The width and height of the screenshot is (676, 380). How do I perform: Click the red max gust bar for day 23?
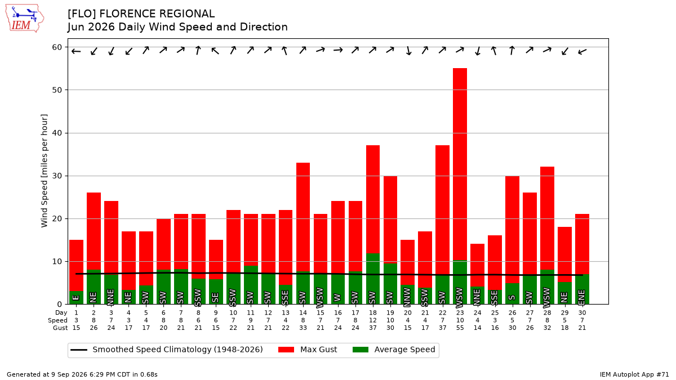coord(460,164)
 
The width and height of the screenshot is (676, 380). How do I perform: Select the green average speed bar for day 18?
coord(373,279)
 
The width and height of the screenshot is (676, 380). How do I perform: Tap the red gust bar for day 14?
coord(303,217)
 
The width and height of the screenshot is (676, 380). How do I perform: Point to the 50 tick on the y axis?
coord(57,90)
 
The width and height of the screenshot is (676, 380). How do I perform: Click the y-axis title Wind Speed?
coord(45,171)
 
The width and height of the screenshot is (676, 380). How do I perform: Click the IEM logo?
coord(25,19)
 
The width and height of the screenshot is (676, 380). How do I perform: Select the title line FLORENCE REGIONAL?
coord(141,14)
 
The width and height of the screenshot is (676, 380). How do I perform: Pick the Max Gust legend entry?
coord(307,350)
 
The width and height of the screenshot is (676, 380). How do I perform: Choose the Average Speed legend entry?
coord(394,350)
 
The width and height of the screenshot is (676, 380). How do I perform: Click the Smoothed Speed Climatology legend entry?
coord(167,350)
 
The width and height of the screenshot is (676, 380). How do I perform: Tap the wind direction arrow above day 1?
coord(76,51)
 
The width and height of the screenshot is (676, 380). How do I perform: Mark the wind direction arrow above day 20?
coord(408,50)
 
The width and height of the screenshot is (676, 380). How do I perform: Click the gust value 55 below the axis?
coord(460,328)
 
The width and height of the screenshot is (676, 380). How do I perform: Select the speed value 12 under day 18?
coord(373,320)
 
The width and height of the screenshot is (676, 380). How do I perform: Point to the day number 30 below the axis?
coord(582,313)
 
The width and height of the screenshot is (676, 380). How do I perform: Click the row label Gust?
coord(60,328)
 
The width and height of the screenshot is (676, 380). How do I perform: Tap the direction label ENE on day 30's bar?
coord(582,297)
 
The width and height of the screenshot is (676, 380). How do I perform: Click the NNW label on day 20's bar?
coord(407,296)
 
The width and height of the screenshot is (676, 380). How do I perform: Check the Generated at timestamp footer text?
coord(82,374)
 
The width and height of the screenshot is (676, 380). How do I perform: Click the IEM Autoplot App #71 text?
coord(634,374)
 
